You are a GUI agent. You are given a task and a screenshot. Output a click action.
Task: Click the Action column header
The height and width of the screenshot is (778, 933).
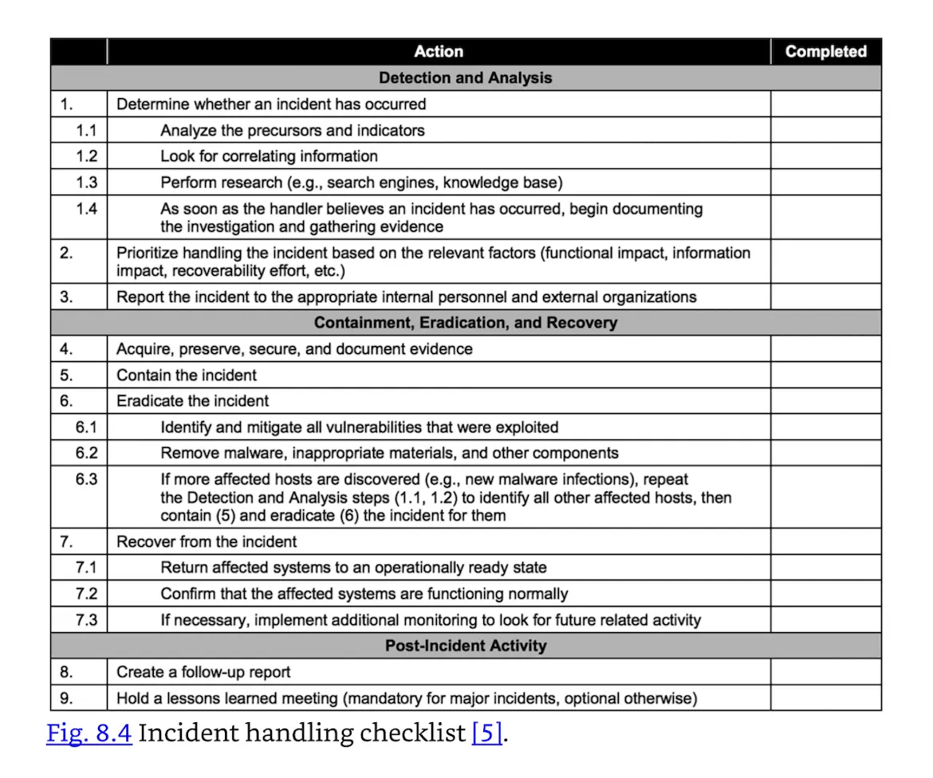[x=438, y=52]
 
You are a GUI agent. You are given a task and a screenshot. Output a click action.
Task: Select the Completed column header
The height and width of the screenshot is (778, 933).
[x=825, y=52]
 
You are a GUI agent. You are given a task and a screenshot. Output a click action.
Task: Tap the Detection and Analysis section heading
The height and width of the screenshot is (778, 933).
[x=466, y=78]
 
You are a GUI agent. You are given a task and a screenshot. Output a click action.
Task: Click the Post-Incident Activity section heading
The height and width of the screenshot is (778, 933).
[x=466, y=646]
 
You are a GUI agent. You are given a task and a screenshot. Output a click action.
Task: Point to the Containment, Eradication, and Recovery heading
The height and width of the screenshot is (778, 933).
[x=466, y=323]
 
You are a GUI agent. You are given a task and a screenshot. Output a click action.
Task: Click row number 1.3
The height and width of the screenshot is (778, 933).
[x=86, y=183]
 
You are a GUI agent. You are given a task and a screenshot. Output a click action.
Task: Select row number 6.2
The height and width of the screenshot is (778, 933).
[x=86, y=453]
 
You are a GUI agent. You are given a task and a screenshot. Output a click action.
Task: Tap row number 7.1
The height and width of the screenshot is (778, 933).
[x=86, y=568]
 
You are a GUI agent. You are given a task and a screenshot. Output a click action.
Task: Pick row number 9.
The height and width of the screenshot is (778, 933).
[x=67, y=698]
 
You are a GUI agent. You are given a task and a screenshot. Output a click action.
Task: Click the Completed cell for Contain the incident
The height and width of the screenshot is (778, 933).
[x=825, y=375]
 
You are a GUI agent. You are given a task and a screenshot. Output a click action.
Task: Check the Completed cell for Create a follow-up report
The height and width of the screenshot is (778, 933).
[x=825, y=672]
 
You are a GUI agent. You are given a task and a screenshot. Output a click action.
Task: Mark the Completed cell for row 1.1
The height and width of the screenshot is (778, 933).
[x=825, y=130]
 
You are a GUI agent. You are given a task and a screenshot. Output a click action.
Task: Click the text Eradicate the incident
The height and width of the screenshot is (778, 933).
[x=193, y=401]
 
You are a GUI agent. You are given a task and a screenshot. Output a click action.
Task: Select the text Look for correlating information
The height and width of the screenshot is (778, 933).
[x=269, y=156]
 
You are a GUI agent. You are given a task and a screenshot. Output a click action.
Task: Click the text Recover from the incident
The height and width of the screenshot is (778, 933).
[x=207, y=542]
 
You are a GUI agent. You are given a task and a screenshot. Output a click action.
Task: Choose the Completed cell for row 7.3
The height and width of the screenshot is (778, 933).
[x=825, y=619]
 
